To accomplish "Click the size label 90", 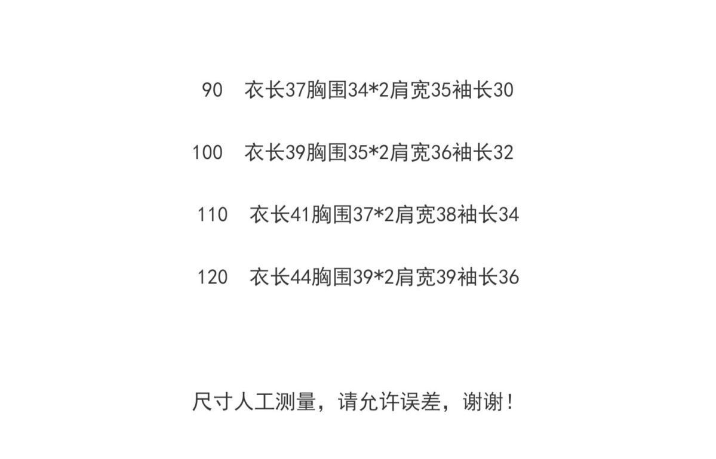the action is pyautogui.click(x=212, y=90).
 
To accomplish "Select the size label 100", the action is pyautogui.click(x=207, y=153).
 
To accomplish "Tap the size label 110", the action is pyautogui.click(x=213, y=214).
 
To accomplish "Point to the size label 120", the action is pyautogui.click(x=213, y=277).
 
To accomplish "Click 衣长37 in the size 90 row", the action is pyautogui.click(x=275, y=90).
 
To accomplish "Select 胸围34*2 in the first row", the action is pyautogui.click(x=348, y=90).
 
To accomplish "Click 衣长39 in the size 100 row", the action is pyautogui.click(x=275, y=153).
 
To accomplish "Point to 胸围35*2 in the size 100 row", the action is pyautogui.click(x=348, y=153).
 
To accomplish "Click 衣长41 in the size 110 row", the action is pyautogui.click(x=280, y=214).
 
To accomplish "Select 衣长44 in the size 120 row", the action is pyautogui.click(x=280, y=277).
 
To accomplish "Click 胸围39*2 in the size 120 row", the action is pyautogui.click(x=353, y=277).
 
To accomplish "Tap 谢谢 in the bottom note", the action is pyautogui.click(x=483, y=402).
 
